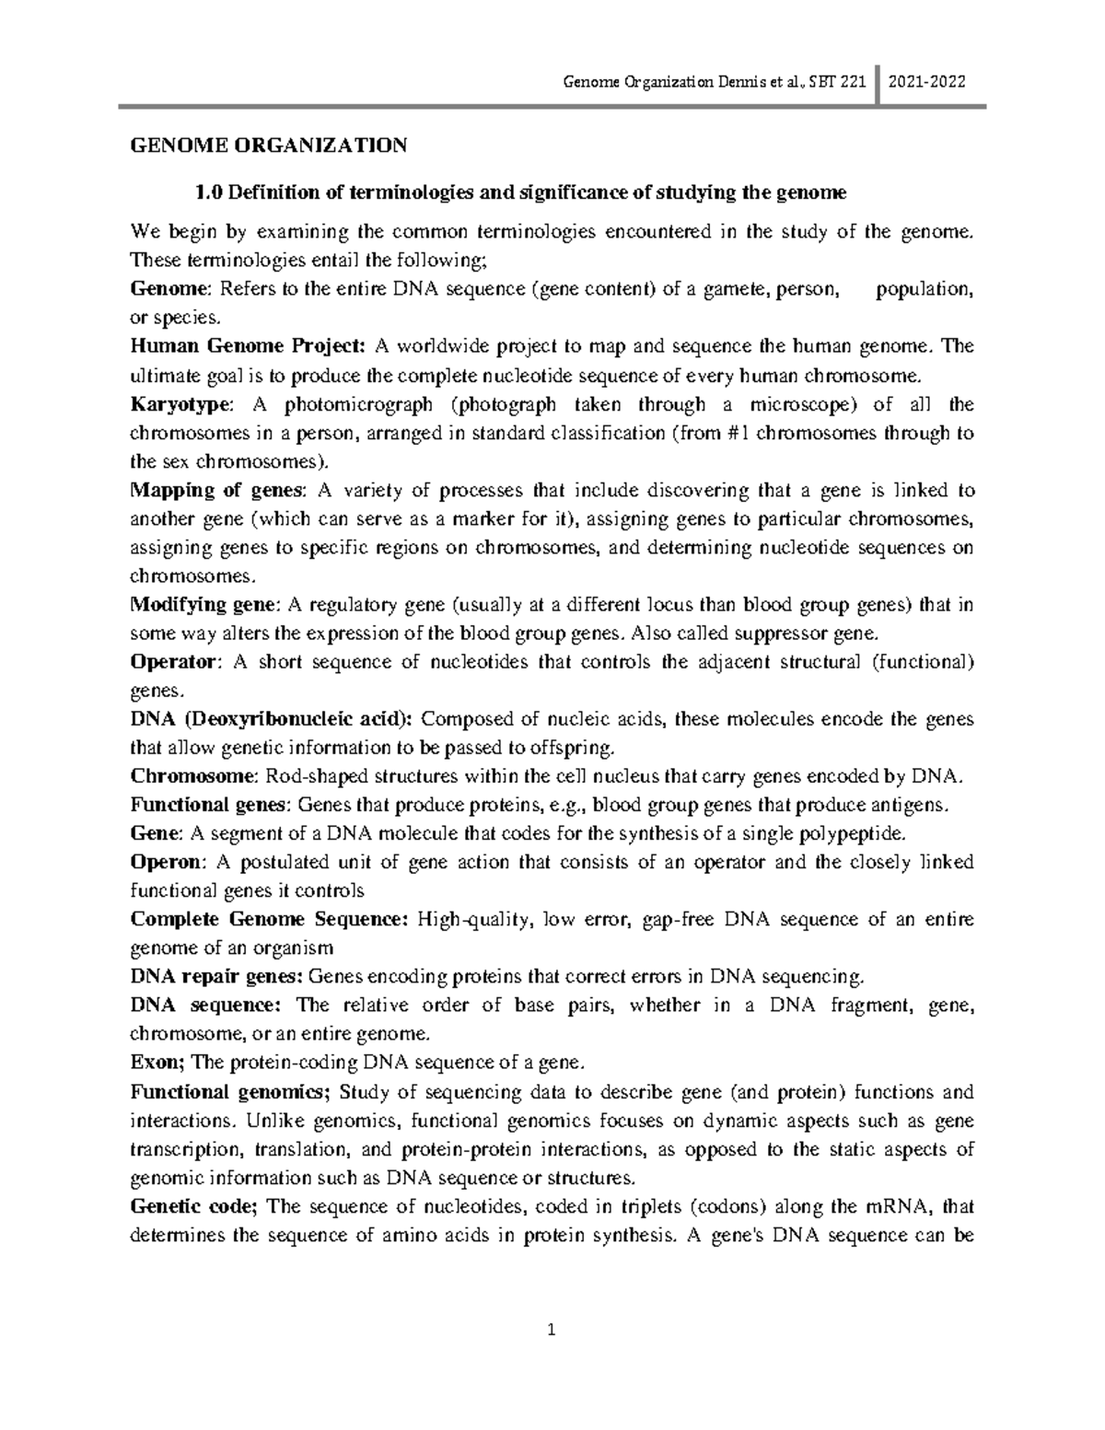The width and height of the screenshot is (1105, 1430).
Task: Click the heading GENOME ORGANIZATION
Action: tap(268, 145)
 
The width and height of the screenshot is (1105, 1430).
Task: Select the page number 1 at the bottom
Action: tap(552, 1330)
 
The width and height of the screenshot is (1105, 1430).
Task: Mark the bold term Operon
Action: tap(166, 862)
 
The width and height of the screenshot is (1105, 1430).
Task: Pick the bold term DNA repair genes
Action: tap(215, 977)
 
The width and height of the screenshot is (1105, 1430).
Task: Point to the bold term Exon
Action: tap(157, 1063)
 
